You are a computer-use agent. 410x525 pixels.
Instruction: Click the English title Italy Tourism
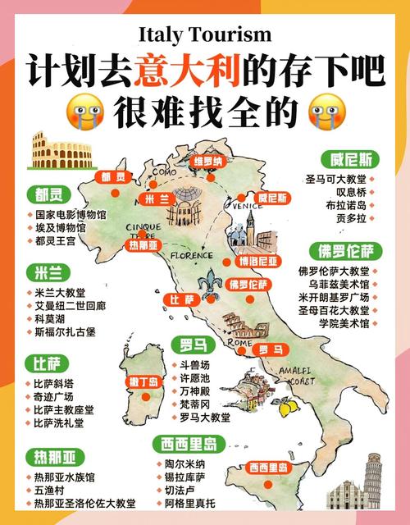tap(205, 34)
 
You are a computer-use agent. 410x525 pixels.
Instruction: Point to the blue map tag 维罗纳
tap(208, 162)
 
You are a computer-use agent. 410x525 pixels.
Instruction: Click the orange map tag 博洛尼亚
tap(257, 262)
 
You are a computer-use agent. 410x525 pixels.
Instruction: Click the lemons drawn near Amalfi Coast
tap(287, 406)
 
